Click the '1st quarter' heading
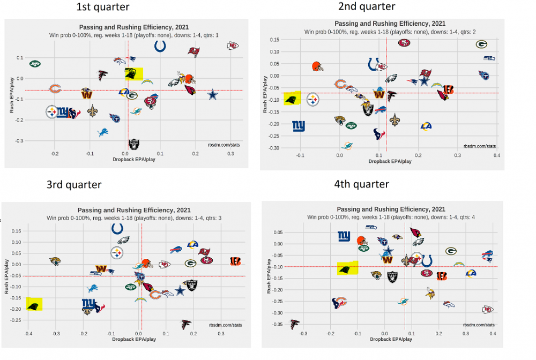(x=103, y=7)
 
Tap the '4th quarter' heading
(x=362, y=184)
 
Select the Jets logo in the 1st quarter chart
(x=35, y=63)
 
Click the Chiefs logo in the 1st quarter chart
(x=233, y=46)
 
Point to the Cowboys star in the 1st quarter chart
(x=213, y=95)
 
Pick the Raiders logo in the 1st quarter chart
(x=133, y=144)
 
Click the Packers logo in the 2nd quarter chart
(x=481, y=44)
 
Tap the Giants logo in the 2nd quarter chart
(x=299, y=126)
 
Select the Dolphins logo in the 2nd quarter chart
(x=347, y=146)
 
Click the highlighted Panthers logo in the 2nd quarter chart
(x=292, y=99)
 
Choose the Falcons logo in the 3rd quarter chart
(x=186, y=324)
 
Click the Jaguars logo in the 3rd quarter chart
(x=55, y=261)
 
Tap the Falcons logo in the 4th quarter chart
(x=294, y=324)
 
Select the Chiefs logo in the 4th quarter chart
(x=487, y=310)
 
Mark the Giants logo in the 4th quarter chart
(x=344, y=236)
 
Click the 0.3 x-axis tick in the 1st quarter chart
(x=230, y=154)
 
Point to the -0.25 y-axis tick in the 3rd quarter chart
(x=16, y=320)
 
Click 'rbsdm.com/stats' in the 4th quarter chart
(x=478, y=325)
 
